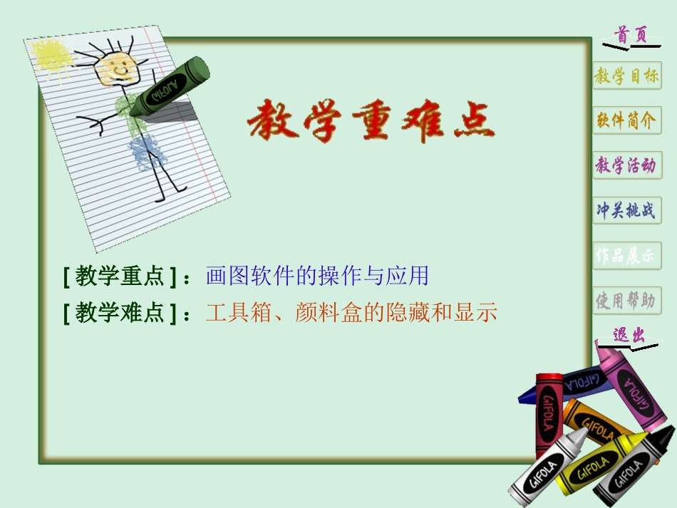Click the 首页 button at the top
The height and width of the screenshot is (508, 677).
pyautogui.click(x=631, y=35)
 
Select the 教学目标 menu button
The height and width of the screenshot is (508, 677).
pyautogui.click(x=626, y=76)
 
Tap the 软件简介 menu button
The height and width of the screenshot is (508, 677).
pyautogui.click(x=626, y=120)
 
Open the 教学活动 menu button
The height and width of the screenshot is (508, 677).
pyautogui.click(x=626, y=165)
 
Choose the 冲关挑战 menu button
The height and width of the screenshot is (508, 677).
pyautogui.click(x=626, y=211)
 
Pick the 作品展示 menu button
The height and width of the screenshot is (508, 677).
pyautogui.click(x=626, y=256)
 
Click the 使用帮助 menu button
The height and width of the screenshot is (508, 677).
pyautogui.click(x=626, y=301)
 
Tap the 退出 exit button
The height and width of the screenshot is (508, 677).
pyautogui.click(x=627, y=336)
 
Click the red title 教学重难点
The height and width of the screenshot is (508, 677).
pyautogui.click(x=370, y=120)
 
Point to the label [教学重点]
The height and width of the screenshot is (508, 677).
pyautogui.click(x=120, y=276)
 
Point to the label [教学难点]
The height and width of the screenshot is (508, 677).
pyautogui.click(x=120, y=313)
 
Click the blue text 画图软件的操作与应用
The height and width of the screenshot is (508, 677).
pyautogui.click(x=317, y=276)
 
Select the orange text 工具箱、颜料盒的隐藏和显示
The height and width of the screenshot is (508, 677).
pyautogui.click(x=351, y=313)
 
